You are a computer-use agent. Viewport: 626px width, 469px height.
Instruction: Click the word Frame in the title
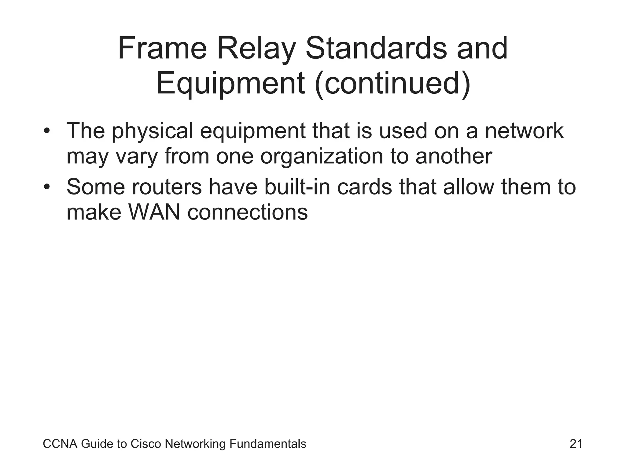pyautogui.click(x=162, y=49)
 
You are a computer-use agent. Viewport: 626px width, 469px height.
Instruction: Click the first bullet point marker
pyautogui.click(x=46, y=132)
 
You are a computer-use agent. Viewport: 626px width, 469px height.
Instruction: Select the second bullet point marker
pyautogui.click(x=46, y=187)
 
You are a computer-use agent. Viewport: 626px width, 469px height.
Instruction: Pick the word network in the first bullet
pyautogui.click(x=524, y=132)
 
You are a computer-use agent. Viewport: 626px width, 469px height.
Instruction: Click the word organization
pyautogui.click(x=322, y=157)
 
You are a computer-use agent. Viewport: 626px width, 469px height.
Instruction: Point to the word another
pyautogui.click(x=454, y=157)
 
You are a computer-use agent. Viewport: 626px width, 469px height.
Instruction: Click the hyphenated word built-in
pyautogui.click(x=297, y=187)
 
